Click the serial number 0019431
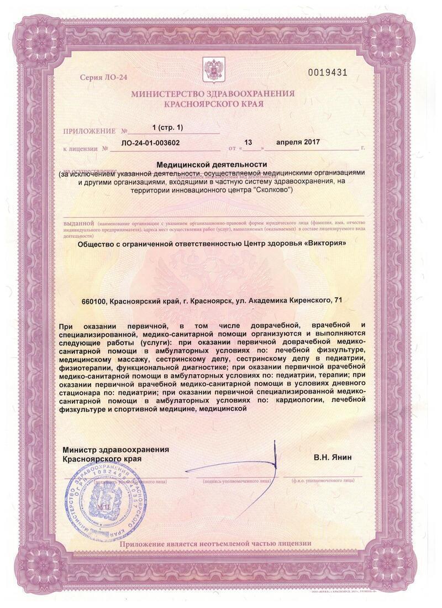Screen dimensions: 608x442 click(328, 73)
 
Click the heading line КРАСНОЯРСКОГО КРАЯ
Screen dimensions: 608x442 click(213, 104)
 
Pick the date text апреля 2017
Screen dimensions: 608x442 click(297, 143)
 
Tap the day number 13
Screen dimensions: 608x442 click(248, 143)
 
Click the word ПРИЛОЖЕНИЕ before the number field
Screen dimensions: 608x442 click(90, 132)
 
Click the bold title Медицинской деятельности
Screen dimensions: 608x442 click(212, 165)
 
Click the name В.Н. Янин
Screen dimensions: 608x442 click(332, 458)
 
